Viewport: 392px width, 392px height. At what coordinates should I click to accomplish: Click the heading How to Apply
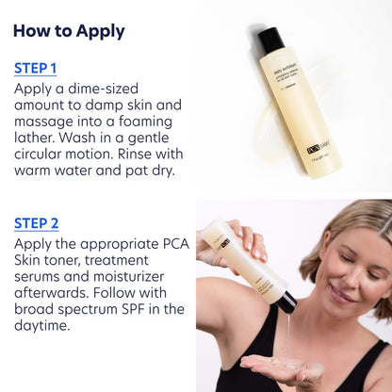69,31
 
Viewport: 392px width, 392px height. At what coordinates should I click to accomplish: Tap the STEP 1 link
36,68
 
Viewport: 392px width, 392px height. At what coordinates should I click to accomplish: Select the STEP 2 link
37,223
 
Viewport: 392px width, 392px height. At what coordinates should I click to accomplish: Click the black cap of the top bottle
270,41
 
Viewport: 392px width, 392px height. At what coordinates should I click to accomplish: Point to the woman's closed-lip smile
340,296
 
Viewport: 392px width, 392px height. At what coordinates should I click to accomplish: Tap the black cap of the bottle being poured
285,302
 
